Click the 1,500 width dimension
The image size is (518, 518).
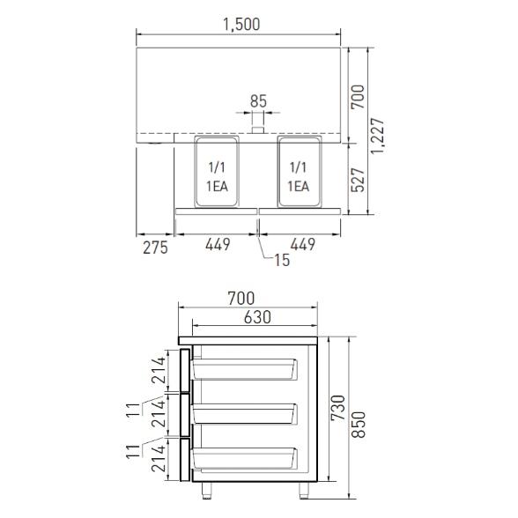[241, 25]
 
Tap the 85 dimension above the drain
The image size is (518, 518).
[258, 101]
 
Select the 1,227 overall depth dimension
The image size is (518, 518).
[377, 136]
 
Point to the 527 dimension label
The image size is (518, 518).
[358, 180]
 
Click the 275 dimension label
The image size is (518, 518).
[155, 248]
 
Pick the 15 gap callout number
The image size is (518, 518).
[282, 261]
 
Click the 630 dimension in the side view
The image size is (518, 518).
[257, 317]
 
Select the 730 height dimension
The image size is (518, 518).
[338, 408]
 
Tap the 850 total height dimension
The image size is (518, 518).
[358, 425]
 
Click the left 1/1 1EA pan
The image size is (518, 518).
[217, 172]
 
